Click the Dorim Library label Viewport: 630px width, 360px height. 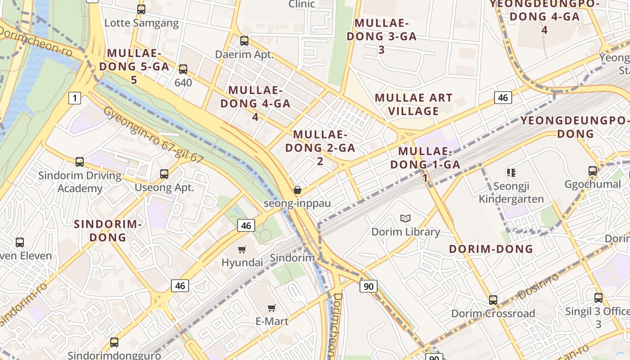pyautogui.click(x=405, y=232)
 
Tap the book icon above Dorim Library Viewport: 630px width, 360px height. pyautogui.click(x=405, y=219)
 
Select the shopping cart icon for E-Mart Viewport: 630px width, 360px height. pyautogui.click(x=271, y=308)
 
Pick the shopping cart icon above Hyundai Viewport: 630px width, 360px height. pyautogui.click(x=242, y=249)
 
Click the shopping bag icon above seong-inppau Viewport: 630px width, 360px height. pyautogui.click(x=297, y=190)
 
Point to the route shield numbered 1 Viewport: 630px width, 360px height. pyautogui.click(x=75, y=98)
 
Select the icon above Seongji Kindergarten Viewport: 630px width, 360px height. pyautogui.click(x=511, y=172)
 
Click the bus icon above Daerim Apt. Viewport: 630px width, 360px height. pyautogui.click(x=244, y=41)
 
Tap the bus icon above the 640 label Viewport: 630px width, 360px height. pyautogui.click(x=183, y=69)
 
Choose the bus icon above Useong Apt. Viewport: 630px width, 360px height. pyautogui.click(x=164, y=174)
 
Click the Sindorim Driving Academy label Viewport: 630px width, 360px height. pyautogui.click(x=80, y=182)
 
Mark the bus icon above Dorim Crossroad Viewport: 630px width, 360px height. pyautogui.click(x=493, y=300)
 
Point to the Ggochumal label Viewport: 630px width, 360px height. pyautogui.click(x=593, y=184)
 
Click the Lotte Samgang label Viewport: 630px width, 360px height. pyautogui.click(x=141, y=23)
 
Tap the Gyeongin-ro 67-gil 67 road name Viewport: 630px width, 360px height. pyautogui.click(x=153, y=135)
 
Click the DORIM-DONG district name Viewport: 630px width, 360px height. pyautogui.click(x=491, y=249)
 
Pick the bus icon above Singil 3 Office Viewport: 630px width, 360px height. pyautogui.click(x=598, y=298)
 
